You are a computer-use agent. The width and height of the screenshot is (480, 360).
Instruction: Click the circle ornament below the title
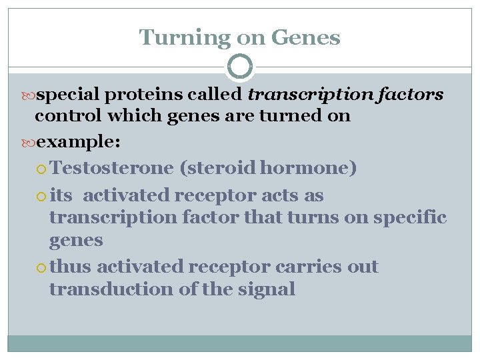point(240,67)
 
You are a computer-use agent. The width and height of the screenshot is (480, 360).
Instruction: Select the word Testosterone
point(111,168)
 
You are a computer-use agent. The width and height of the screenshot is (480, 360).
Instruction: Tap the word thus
point(71,267)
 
